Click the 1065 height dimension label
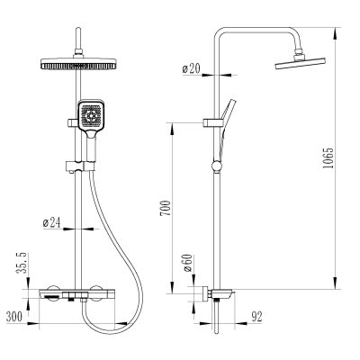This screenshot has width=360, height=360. tap(329, 157)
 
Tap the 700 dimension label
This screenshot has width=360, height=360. tap(166, 208)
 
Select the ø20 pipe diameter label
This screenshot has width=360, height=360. tap(191, 69)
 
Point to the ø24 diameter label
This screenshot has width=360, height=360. tap(51, 223)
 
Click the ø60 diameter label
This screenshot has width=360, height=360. tap(187, 263)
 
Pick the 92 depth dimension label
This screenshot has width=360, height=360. tap(256, 317)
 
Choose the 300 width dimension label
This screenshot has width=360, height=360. tap(14, 317)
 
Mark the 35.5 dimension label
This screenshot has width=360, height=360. tap(22, 263)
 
